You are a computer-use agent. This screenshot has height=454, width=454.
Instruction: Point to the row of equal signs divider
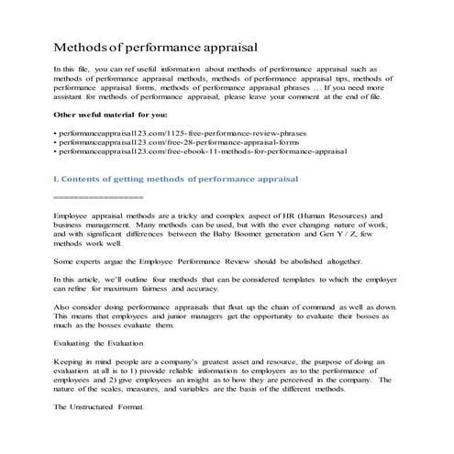(99, 197)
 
